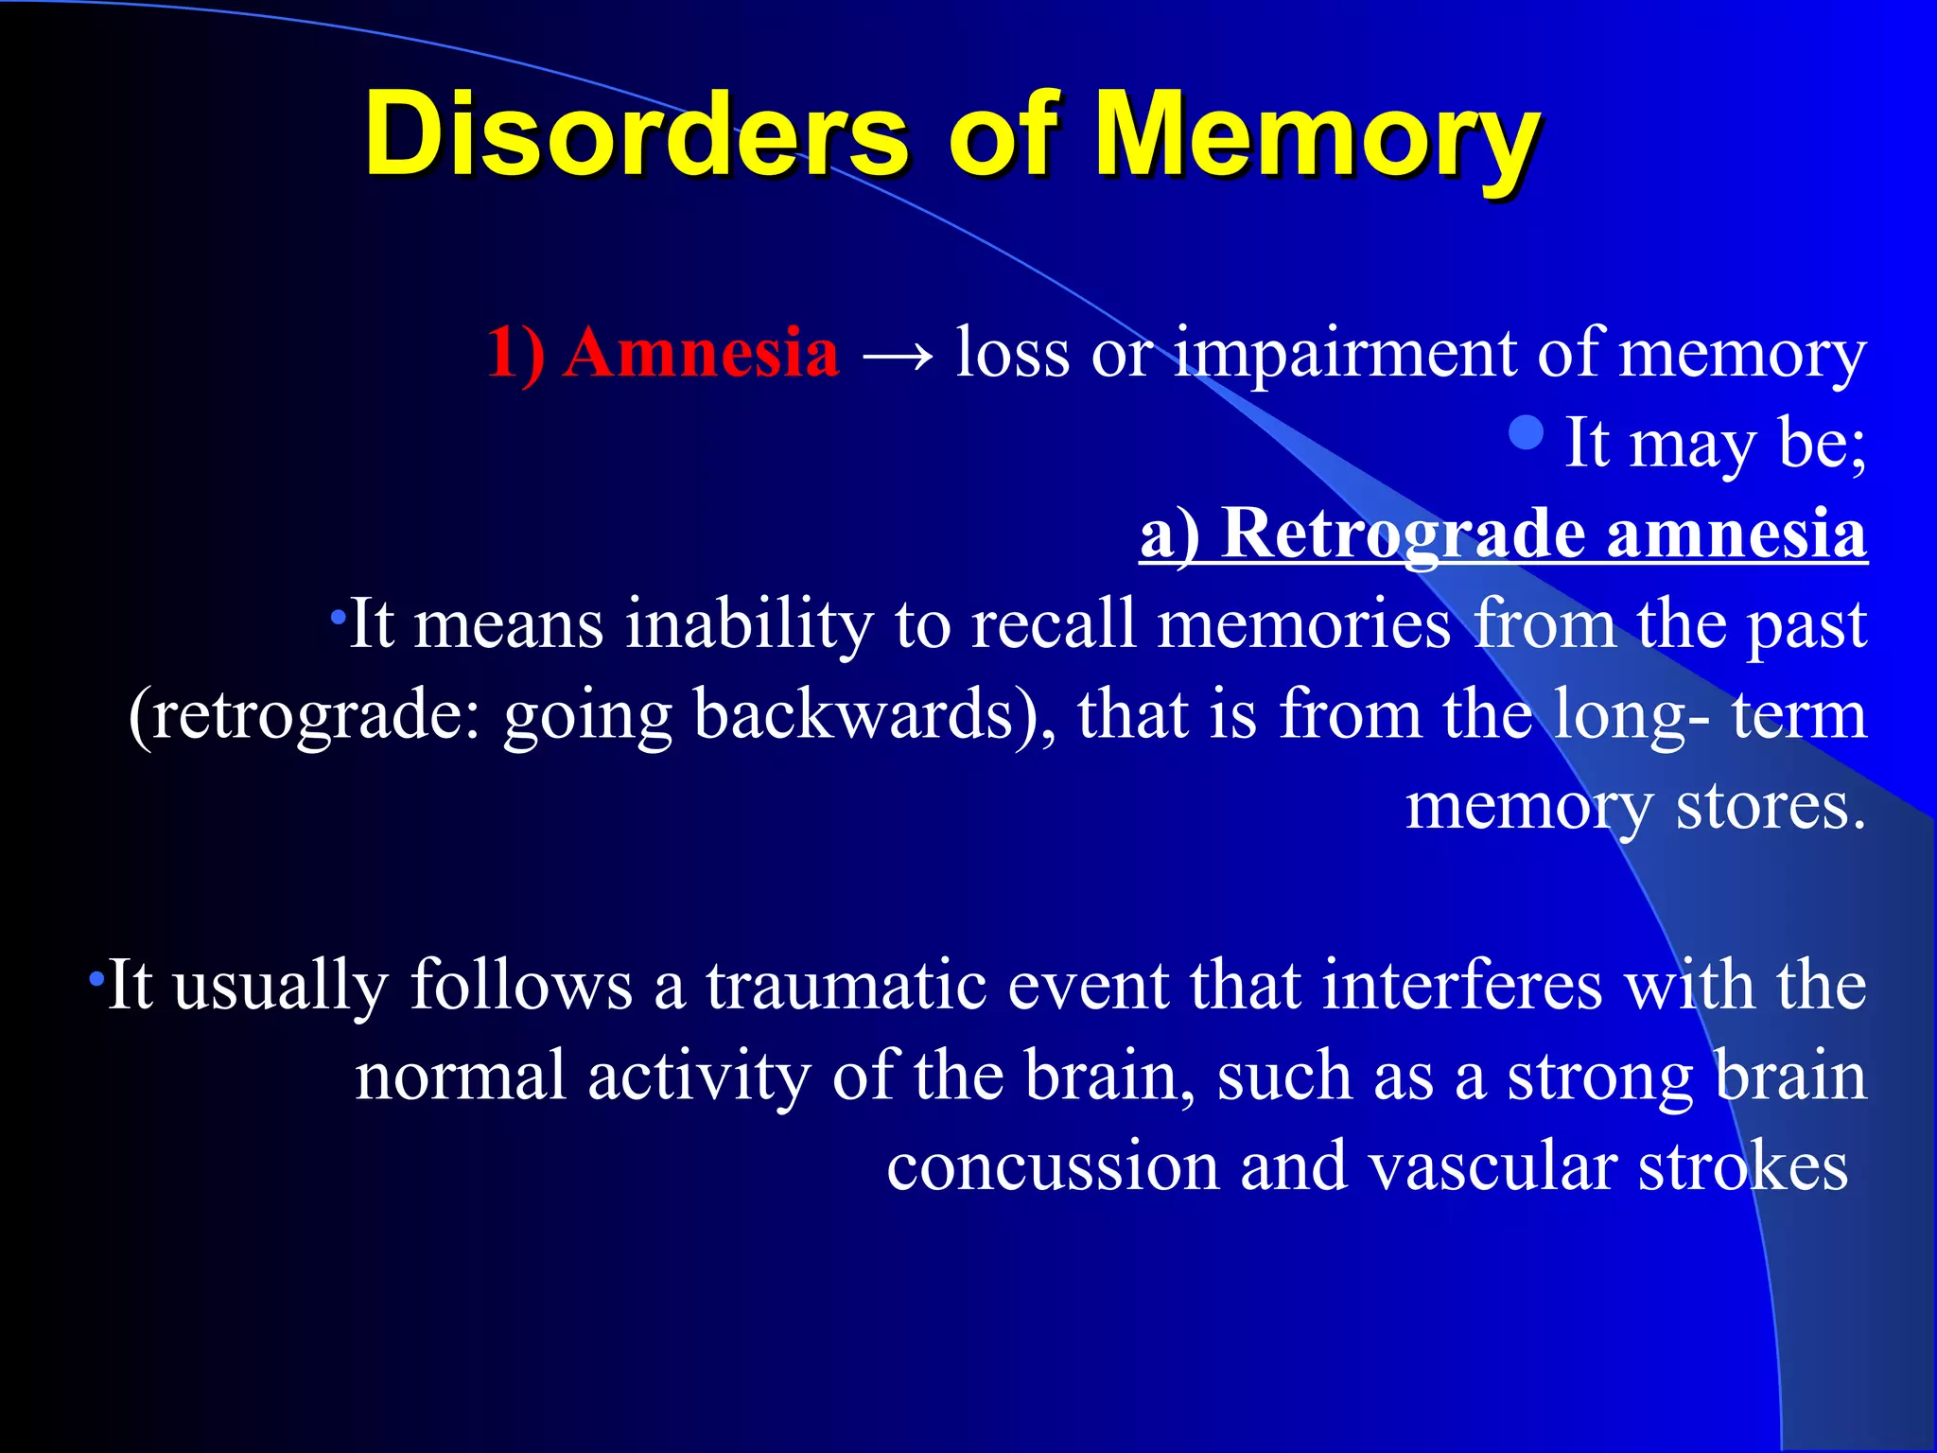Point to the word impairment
[1345, 353]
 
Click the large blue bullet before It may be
[1527, 433]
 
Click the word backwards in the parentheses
[853, 715]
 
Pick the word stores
[1771, 807]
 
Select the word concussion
[1052, 1166]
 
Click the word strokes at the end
[1742, 1166]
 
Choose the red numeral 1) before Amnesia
[515, 353]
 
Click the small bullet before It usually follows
[95, 977]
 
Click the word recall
[1052, 625]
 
